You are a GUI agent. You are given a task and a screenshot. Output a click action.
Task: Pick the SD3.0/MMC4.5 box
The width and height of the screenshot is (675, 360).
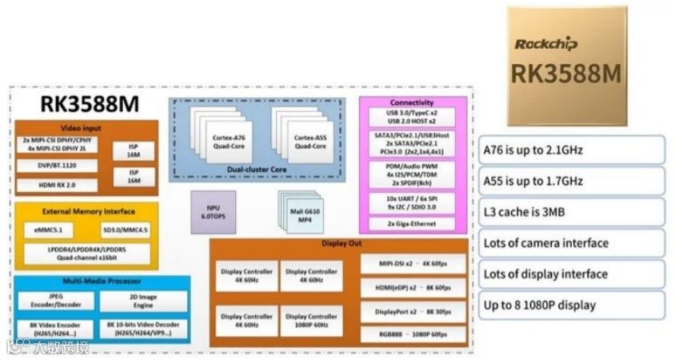[126, 230]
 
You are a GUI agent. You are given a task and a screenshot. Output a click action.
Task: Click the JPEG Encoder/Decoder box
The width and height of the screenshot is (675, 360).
[56, 301]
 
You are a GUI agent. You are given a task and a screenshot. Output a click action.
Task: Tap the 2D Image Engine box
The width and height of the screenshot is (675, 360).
[142, 301]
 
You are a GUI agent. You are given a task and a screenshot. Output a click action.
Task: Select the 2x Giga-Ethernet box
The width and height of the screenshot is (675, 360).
[410, 223]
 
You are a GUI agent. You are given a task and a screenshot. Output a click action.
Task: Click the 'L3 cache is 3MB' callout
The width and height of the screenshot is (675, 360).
[572, 212]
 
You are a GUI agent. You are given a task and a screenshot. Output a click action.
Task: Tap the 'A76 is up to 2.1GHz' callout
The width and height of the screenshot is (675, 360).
[572, 150]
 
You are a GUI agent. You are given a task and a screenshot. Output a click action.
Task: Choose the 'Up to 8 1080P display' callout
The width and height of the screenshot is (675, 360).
[572, 305]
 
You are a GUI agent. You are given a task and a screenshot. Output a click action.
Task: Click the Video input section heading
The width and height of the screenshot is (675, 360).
[86, 128]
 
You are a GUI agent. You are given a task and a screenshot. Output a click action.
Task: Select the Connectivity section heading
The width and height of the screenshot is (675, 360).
[411, 102]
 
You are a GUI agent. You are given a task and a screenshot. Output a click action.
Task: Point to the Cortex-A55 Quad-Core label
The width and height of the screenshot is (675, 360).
[309, 142]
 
